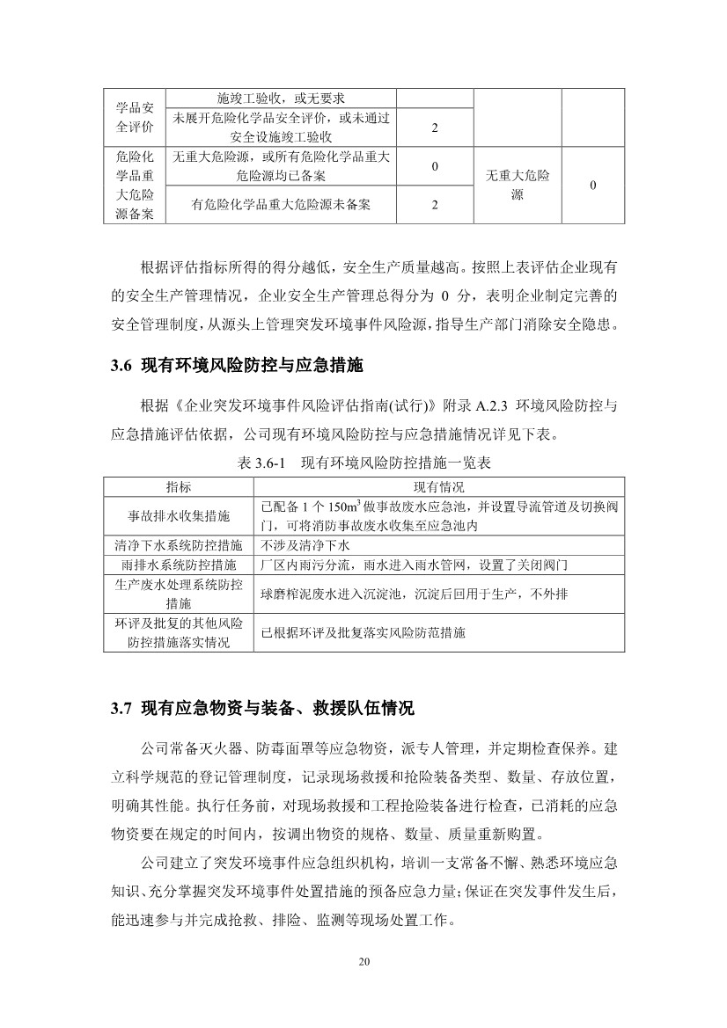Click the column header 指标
click(179, 486)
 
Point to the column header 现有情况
click(439, 486)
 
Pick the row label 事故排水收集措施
click(179, 514)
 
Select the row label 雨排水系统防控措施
click(179, 563)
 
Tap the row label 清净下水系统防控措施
click(179, 544)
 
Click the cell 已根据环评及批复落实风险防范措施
click(363, 632)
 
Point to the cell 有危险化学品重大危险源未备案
click(281, 205)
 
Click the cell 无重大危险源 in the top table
click(518, 185)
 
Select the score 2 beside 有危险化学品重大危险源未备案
click(435, 205)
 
